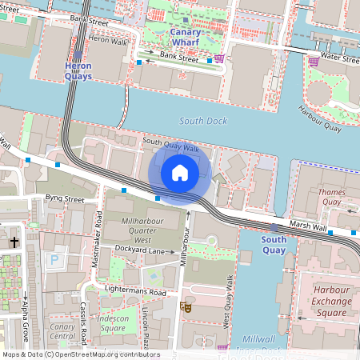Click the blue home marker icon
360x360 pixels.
180,173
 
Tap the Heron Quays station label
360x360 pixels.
78,71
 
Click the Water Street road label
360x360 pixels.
339,58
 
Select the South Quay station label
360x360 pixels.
274,245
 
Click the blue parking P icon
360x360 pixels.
54,260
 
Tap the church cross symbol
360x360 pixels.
14,241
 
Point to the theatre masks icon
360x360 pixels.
188,306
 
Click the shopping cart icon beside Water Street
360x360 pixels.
314,61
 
